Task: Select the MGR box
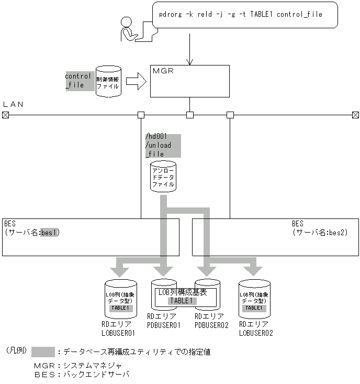[x=189, y=81]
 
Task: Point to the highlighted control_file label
[x=78, y=80]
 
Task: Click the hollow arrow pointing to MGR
[x=136, y=81]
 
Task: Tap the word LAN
[x=14, y=104]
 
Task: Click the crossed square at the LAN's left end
[x=6, y=115]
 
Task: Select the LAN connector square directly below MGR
[x=190, y=115]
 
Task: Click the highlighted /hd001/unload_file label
[x=162, y=146]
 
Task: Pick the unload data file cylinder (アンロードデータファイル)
[x=163, y=177]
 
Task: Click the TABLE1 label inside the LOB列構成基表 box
[x=182, y=301]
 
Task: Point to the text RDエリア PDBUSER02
[x=211, y=321]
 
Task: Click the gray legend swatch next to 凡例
[x=43, y=352]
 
